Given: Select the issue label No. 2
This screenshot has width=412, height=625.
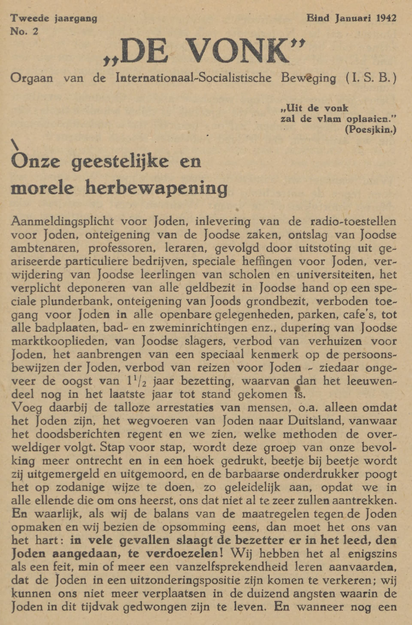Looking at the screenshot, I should (x=24, y=31).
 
